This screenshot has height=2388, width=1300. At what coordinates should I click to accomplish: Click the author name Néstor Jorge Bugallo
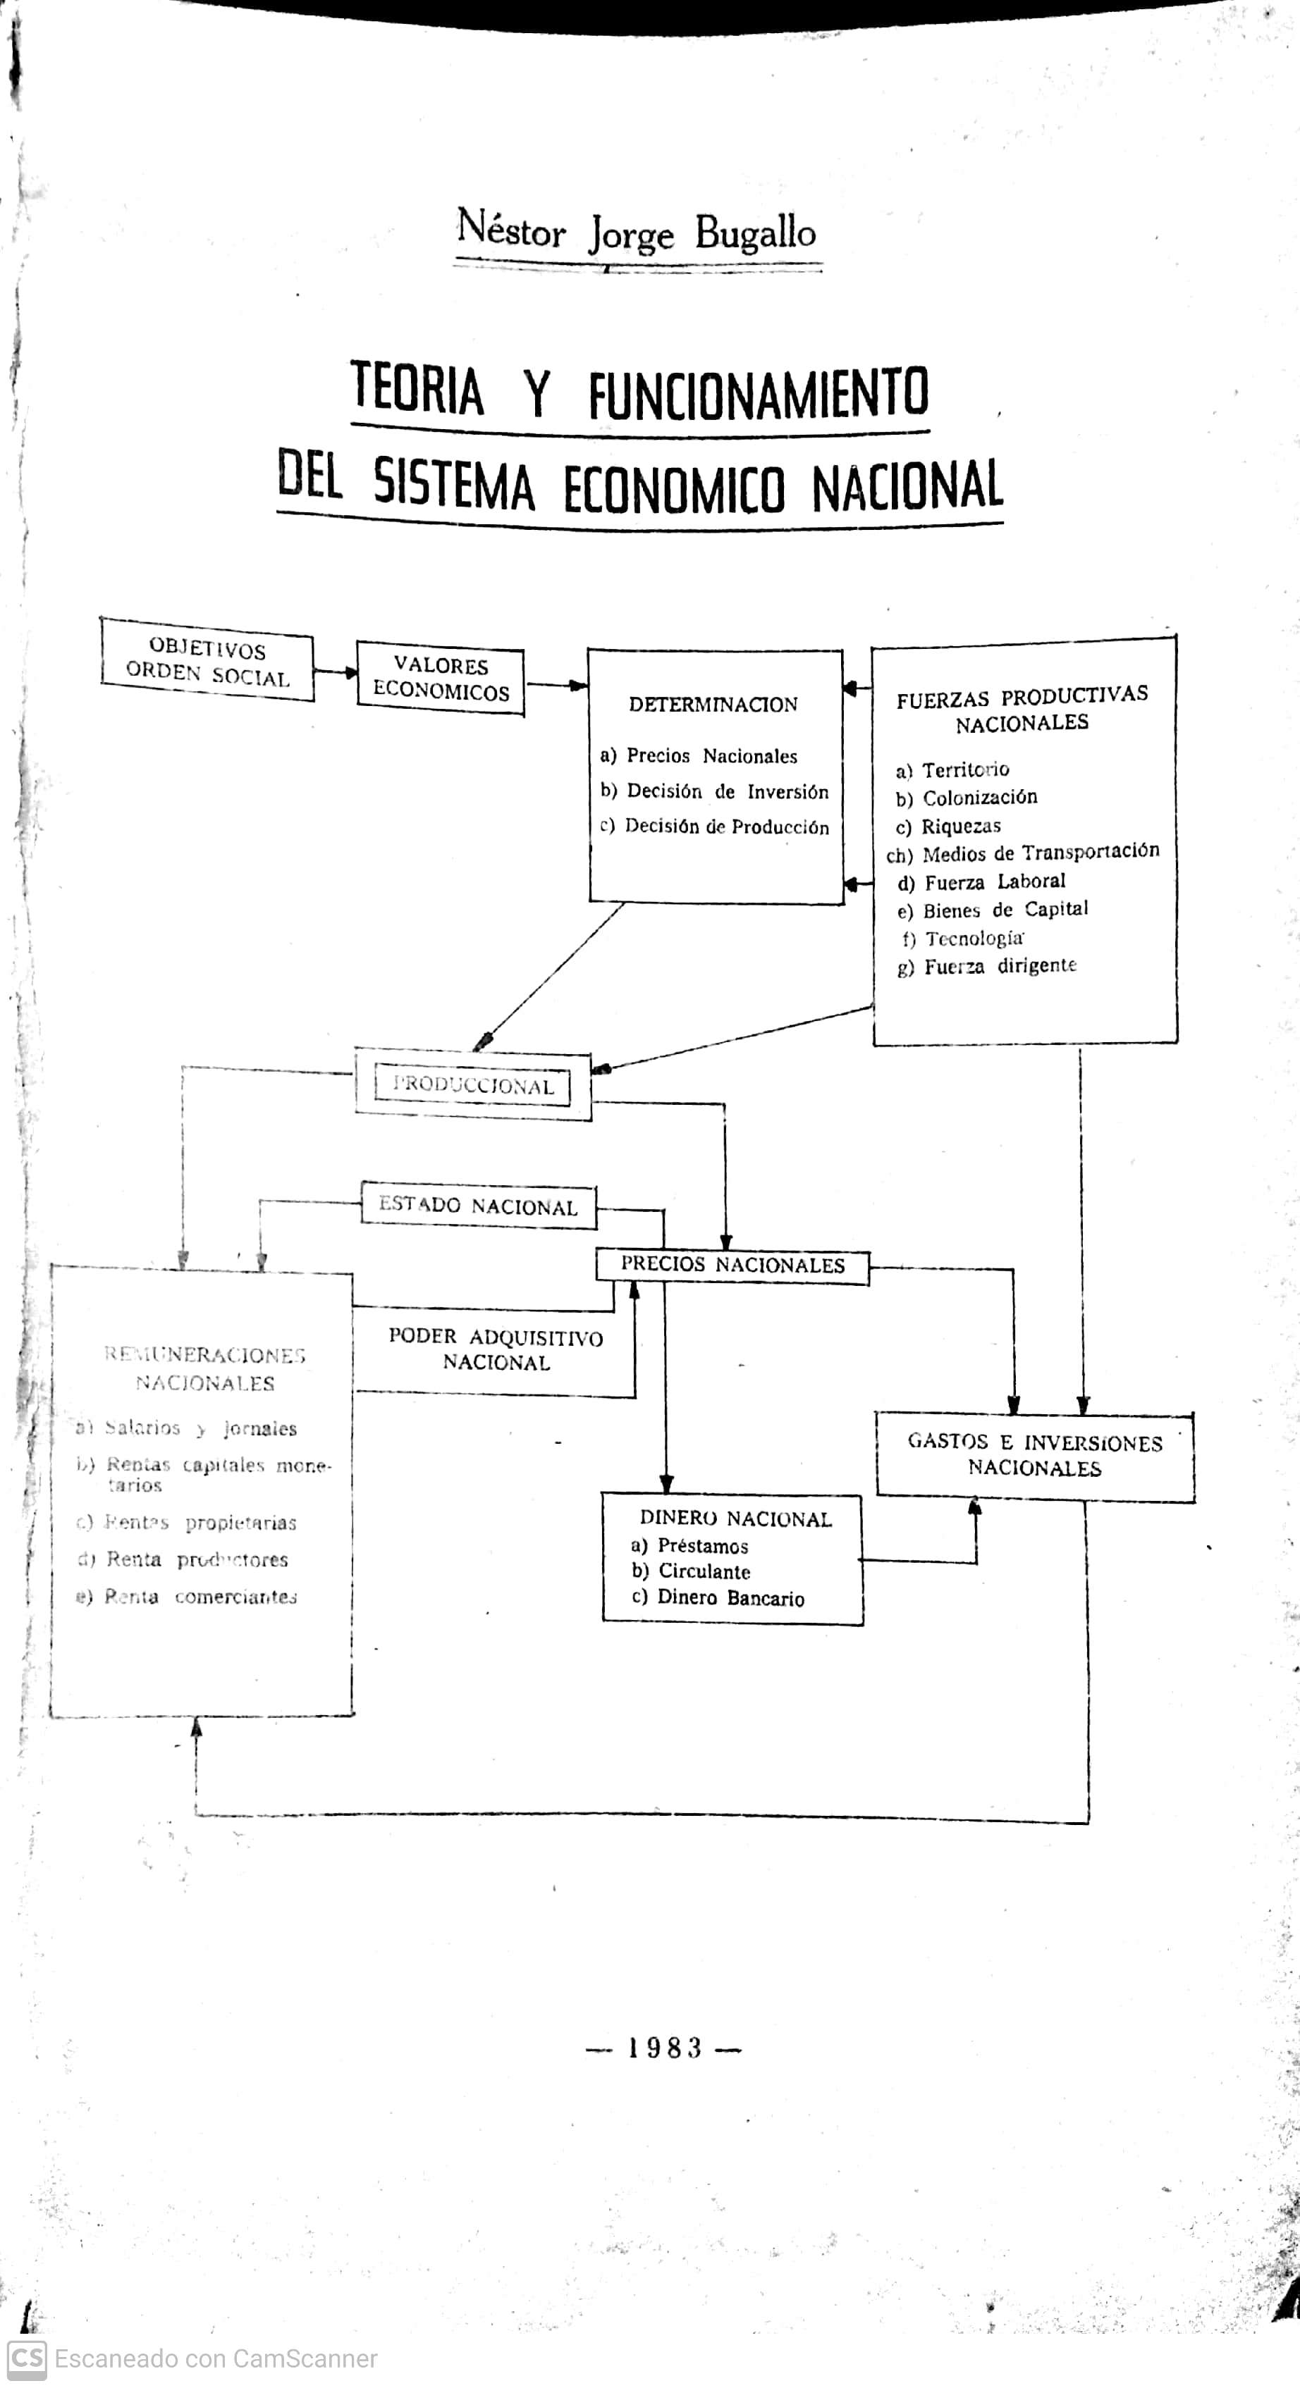click(x=636, y=232)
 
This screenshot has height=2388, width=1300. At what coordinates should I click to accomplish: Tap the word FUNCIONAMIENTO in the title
click(x=758, y=392)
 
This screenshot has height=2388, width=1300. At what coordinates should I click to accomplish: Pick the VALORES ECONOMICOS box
click(x=441, y=679)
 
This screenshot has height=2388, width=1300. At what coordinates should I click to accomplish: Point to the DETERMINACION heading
click(x=713, y=705)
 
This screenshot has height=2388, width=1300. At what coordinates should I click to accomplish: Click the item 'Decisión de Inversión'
click(x=727, y=792)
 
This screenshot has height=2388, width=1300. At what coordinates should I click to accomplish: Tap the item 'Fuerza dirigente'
click(x=1000, y=966)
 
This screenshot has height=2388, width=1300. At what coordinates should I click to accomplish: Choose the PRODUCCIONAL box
click(x=473, y=1086)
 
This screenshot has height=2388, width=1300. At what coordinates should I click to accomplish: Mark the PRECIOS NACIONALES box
click(x=732, y=1266)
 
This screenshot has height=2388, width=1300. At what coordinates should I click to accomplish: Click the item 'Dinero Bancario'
click(x=730, y=1597)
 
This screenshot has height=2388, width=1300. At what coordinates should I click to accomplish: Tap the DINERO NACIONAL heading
click(x=735, y=1518)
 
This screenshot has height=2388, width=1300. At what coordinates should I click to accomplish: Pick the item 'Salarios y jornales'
click(x=200, y=1428)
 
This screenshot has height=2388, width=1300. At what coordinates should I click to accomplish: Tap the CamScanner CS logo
click(x=26, y=2358)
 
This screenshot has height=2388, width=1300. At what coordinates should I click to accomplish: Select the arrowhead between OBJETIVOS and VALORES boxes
click(x=350, y=672)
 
